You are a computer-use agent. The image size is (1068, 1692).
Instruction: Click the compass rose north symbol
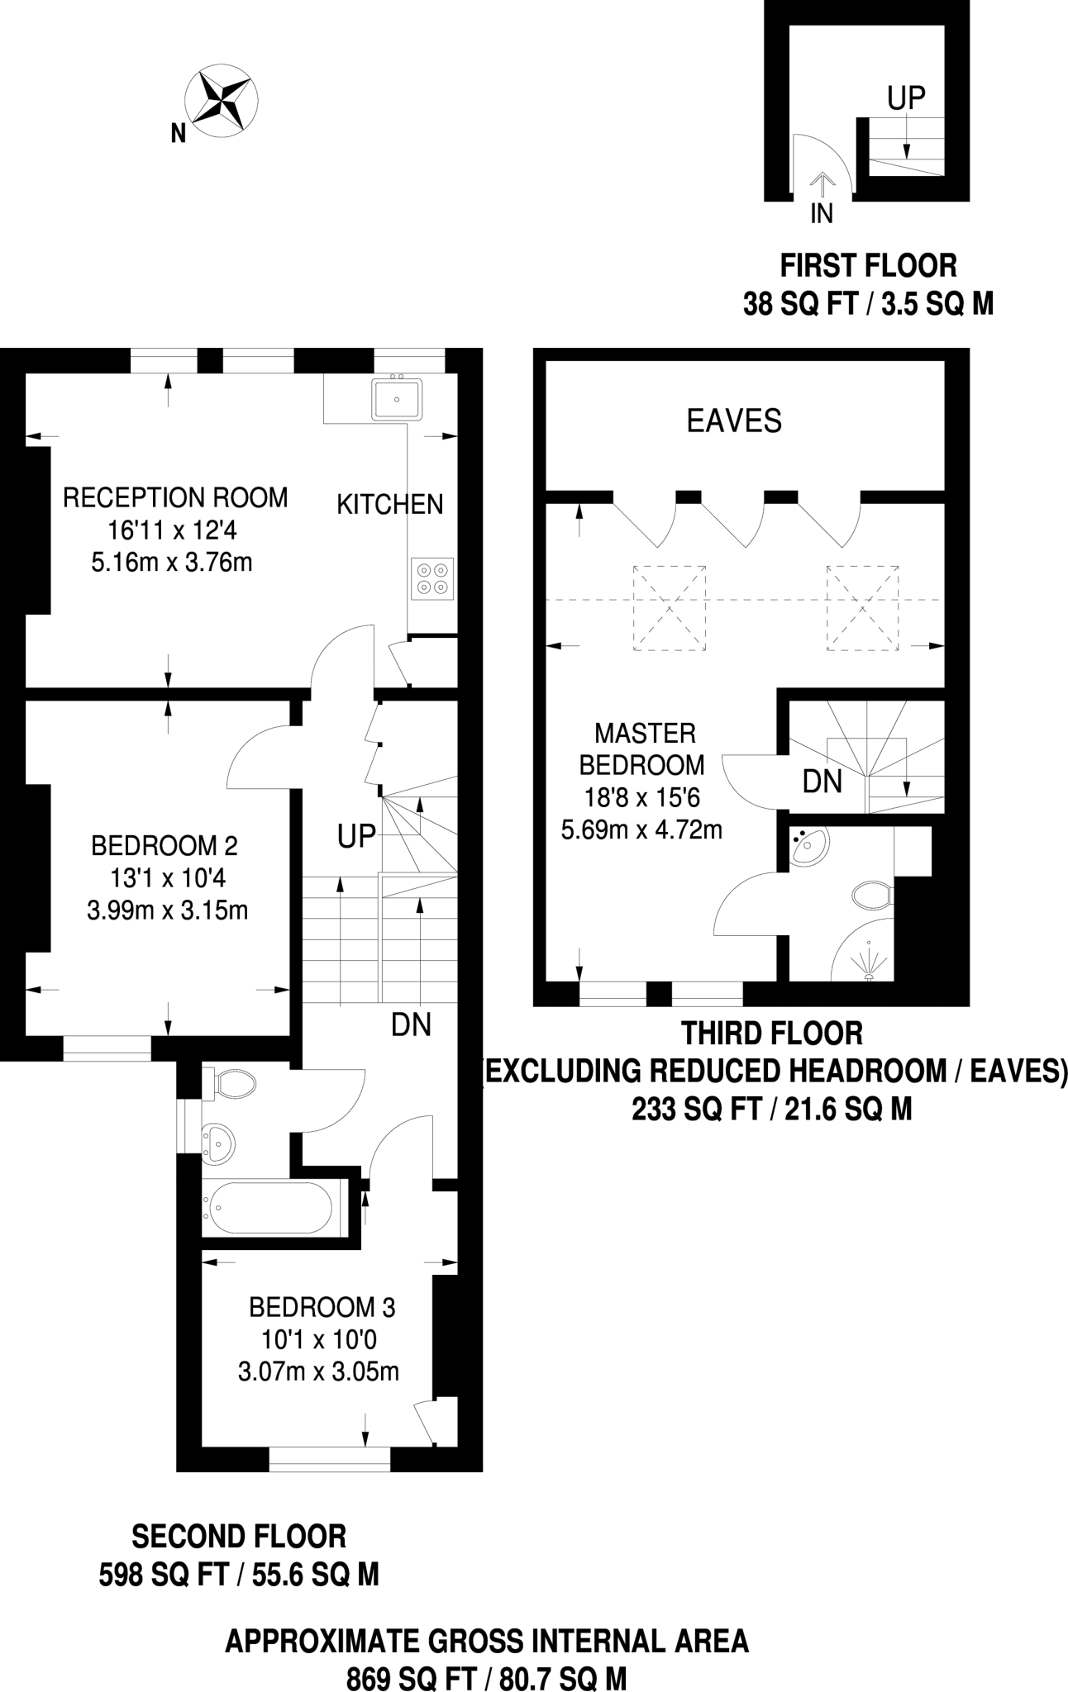pyautogui.click(x=220, y=101)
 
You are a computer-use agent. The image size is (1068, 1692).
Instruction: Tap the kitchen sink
pyautogui.click(x=397, y=399)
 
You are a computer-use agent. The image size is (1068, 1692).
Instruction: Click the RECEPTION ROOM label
pyautogui.click(x=175, y=498)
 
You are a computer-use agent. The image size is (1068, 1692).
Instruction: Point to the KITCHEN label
pyautogui.click(x=389, y=504)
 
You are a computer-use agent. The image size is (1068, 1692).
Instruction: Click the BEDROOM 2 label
pyautogui.click(x=164, y=846)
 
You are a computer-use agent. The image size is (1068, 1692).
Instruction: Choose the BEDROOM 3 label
pyautogui.click(x=322, y=1308)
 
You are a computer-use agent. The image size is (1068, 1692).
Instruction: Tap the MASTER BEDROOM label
pyautogui.click(x=643, y=749)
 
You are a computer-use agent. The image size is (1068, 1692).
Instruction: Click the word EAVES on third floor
pyautogui.click(x=734, y=421)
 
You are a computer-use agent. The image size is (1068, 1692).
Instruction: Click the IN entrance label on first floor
pyautogui.click(x=821, y=214)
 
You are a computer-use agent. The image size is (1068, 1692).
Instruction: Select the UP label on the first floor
pyautogui.click(x=906, y=98)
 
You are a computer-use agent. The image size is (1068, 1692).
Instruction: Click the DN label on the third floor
pyautogui.click(x=822, y=782)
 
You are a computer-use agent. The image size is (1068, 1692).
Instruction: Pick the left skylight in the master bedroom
pyautogui.click(x=670, y=609)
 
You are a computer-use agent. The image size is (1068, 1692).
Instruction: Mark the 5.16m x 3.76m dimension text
pyautogui.click(x=172, y=563)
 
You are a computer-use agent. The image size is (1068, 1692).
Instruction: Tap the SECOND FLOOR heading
pyautogui.click(x=239, y=1537)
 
